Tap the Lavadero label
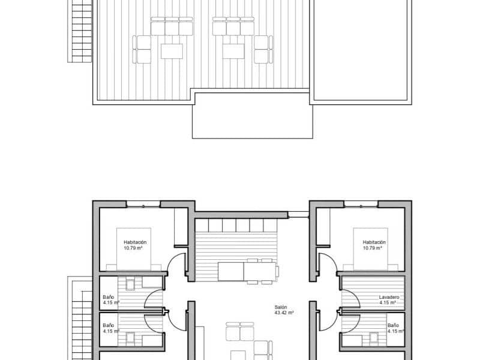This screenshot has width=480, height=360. click(x=389, y=298)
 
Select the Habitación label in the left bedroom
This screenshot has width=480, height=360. click(x=135, y=242)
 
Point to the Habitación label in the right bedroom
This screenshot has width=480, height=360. click(x=374, y=242)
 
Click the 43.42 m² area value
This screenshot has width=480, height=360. click(x=283, y=313)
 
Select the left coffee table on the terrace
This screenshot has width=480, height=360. click(x=172, y=50)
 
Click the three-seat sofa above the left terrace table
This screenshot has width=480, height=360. click(x=172, y=28)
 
